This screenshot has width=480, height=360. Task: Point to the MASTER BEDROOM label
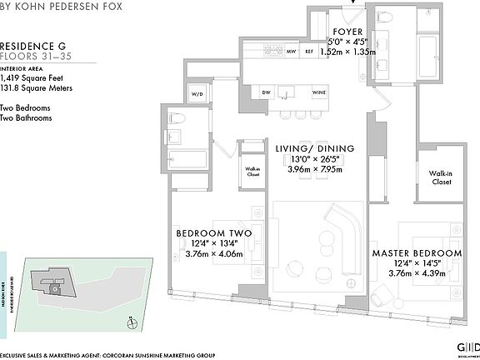coord(417,252)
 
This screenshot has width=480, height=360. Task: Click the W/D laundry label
coord(198,94)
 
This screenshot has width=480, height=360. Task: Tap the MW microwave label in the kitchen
coord(292,52)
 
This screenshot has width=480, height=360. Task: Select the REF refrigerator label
coord(308,52)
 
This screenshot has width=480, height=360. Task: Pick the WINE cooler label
coord(319,92)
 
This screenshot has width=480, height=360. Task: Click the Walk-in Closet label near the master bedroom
coord(441,177)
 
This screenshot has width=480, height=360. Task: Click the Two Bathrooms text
coord(27,118)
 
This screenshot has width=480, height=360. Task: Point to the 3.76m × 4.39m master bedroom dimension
coord(417,272)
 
